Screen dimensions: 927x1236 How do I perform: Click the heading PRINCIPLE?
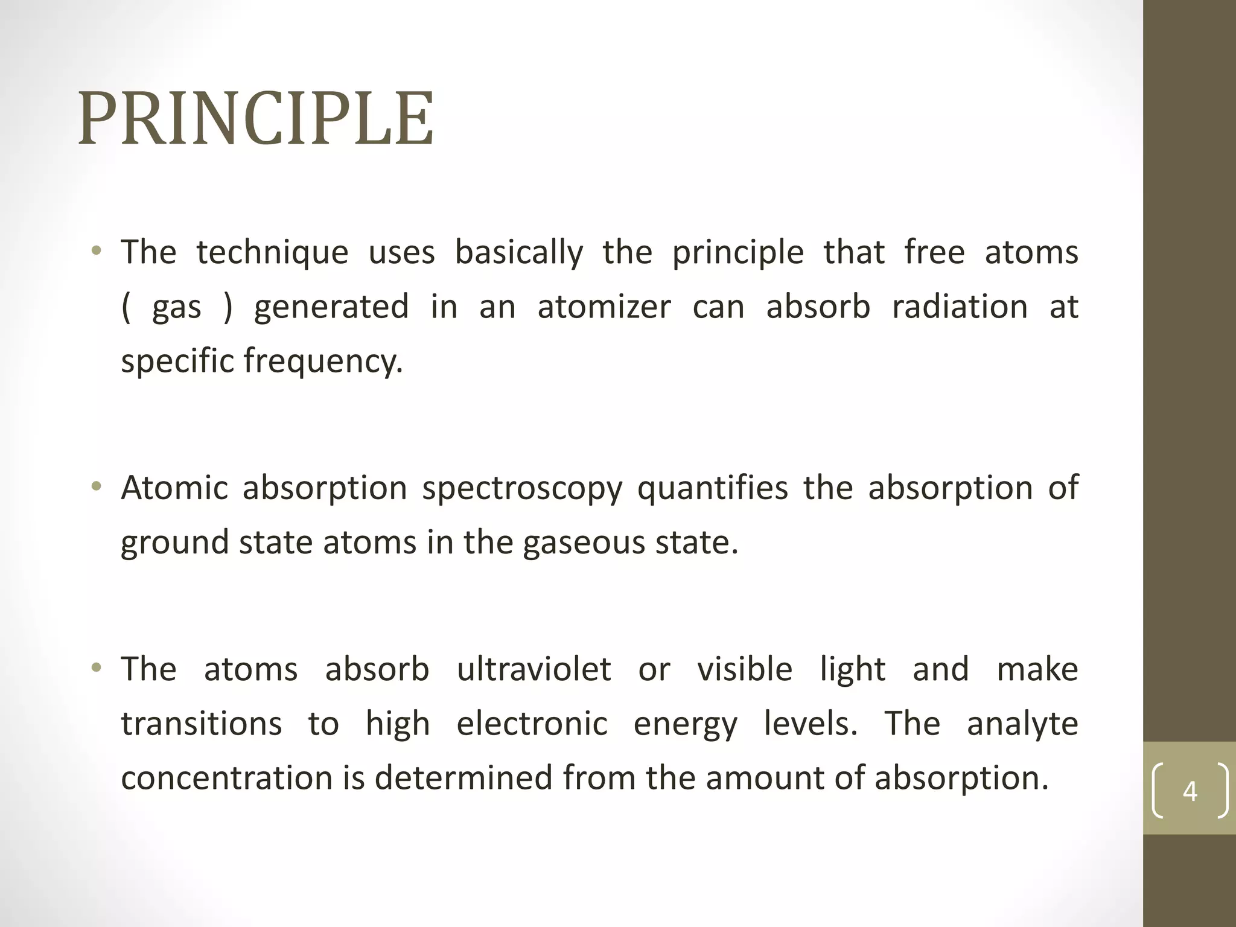click(x=256, y=119)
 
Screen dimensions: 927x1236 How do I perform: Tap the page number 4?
click(x=1190, y=791)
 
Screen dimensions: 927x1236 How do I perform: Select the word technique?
click(x=272, y=252)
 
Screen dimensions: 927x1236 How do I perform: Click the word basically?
click(x=519, y=252)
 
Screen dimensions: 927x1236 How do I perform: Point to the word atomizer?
click(x=604, y=307)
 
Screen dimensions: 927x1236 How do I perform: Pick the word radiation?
click(x=960, y=307)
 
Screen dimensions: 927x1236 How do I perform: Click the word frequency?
click(x=323, y=362)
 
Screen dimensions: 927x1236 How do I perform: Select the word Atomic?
click(x=174, y=488)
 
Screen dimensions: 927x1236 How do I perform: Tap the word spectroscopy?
click(x=522, y=489)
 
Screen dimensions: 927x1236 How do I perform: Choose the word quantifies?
click(x=713, y=489)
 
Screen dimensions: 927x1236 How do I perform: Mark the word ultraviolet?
click(x=534, y=669)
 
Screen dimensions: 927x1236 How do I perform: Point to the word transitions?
click(x=201, y=724)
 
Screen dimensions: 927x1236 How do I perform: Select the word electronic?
click(x=532, y=724)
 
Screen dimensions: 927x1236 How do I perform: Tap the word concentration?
click(x=227, y=778)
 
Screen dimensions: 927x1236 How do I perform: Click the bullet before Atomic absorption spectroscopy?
click(x=96, y=486)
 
